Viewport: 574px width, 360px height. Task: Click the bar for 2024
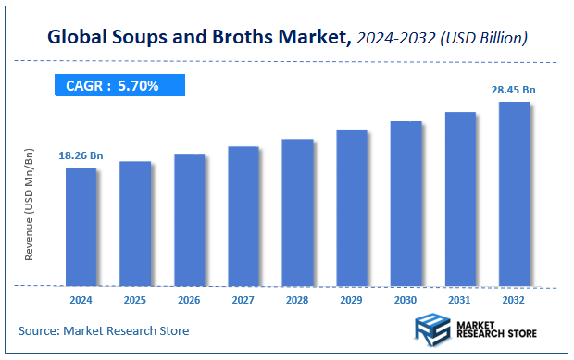[81, 227]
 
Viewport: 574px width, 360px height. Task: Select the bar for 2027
[243, 216]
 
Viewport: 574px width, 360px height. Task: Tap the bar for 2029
[352, 207]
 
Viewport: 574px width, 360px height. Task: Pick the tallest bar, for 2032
[515, 193]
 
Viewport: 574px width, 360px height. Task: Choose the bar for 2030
[406, 203]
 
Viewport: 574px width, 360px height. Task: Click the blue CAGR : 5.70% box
[119, 86]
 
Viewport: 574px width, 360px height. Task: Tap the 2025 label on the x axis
[134, 300]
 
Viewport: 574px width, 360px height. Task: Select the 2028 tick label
[297, 300]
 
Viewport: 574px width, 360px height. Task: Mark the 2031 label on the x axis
[460, 300]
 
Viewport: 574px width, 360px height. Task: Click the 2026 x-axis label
[189, 300]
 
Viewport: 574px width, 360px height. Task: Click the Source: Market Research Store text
[103, 330]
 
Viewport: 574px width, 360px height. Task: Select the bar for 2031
[460, 198]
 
